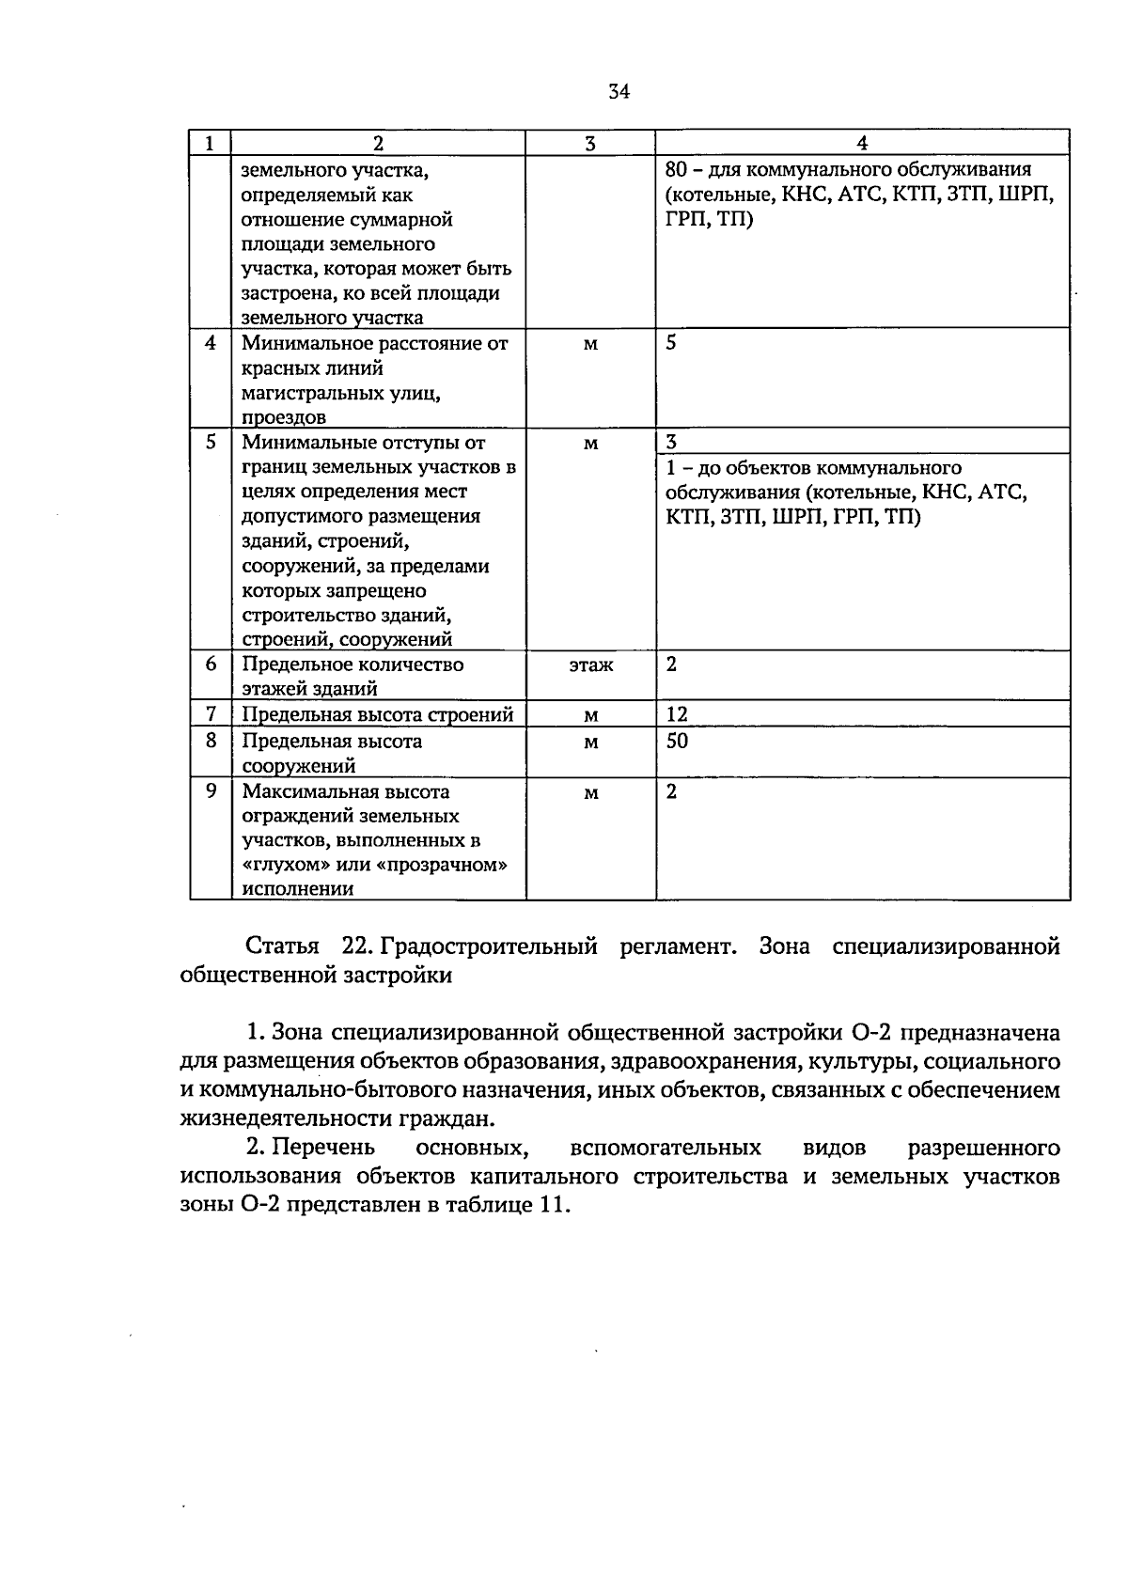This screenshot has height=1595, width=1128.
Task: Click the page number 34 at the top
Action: click(x=619, y=91)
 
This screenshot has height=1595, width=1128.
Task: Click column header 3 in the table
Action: click(x=589, y=144)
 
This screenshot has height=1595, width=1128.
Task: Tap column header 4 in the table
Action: click(x=862, y=144)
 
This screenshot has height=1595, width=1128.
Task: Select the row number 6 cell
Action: click(x=211, y=665)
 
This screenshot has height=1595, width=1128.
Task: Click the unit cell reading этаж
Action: click(x=590, y=665)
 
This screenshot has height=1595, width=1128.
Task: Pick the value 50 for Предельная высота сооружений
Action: click(x=677, y=742)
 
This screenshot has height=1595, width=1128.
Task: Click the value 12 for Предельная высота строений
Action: click(x=677, y=715)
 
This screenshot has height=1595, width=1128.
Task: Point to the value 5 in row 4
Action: click(x=671, y=343)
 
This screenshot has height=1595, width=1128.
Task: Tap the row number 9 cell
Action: click(x=211, y=791)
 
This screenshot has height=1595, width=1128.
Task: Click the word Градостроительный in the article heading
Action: click(x=490, y=946)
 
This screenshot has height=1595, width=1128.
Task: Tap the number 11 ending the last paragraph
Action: click(x=554, y=1207)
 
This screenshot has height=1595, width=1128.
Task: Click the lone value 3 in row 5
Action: click(x=671, y=443)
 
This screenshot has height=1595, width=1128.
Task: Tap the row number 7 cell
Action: click(x=211, y=715)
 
